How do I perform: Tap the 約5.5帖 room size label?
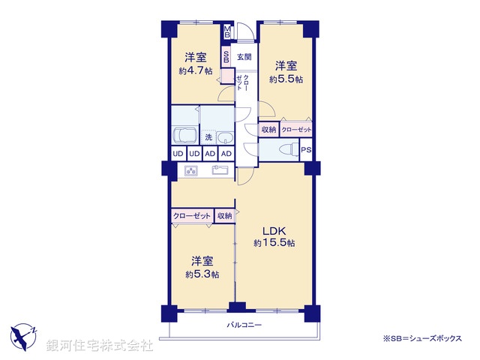(286, 79)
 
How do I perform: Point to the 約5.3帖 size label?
(202, 274)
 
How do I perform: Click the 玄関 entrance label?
(244, 57)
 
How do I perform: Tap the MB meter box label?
(228, 32)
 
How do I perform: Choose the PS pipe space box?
(306, 150)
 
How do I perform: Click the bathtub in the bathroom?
(184, 136)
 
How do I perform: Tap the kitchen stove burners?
(190, 171)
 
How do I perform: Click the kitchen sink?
(220, 170)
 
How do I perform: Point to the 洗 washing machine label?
(209, 137)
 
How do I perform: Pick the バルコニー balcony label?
(244, 325)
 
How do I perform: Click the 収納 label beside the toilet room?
(268, 130)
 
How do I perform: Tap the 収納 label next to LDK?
(224, 216)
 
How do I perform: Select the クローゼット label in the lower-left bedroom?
(191, 216)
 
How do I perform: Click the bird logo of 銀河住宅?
(24, 334)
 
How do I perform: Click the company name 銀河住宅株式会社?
(100, 346)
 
